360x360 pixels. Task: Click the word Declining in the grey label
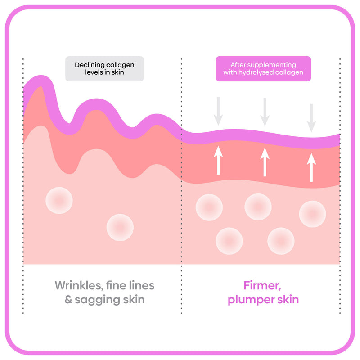88,65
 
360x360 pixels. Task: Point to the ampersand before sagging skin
68,300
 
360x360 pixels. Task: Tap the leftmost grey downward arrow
218,111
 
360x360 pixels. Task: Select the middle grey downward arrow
265,111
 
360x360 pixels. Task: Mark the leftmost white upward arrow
218,159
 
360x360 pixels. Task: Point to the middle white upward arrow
265,162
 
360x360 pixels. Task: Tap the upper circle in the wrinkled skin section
59,200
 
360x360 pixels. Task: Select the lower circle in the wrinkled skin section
120,227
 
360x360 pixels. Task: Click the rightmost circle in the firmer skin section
312,214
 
